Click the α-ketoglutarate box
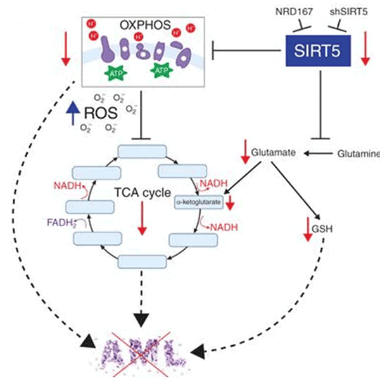click(199, 201)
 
